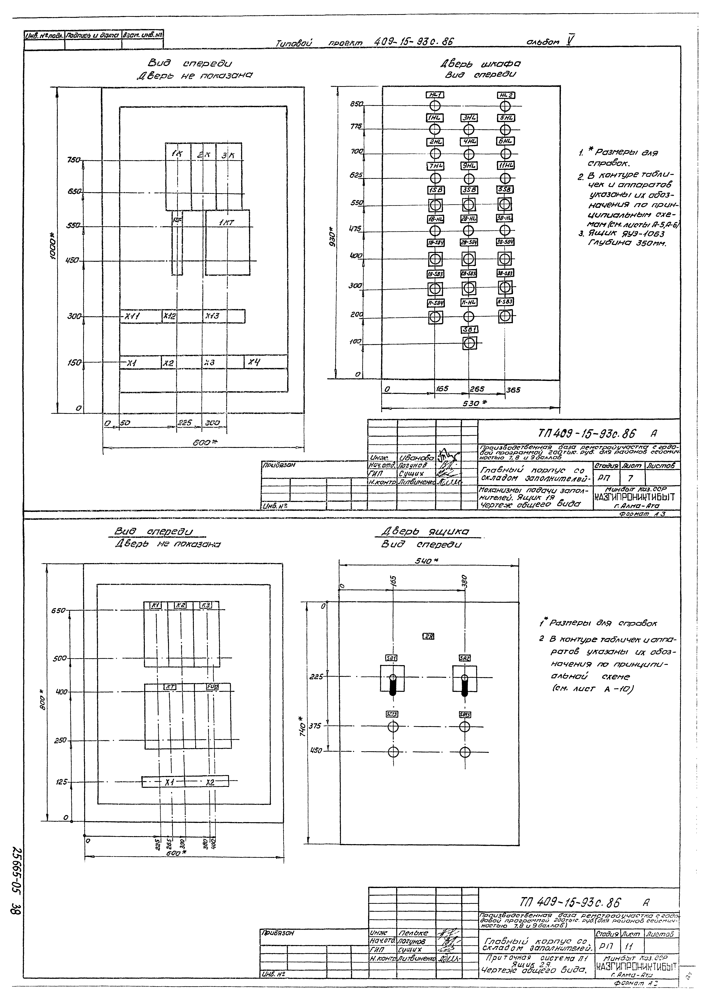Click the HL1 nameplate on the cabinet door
coord(435,95)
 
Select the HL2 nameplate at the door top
coord(506,95)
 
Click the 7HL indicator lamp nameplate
coord(435,166)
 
